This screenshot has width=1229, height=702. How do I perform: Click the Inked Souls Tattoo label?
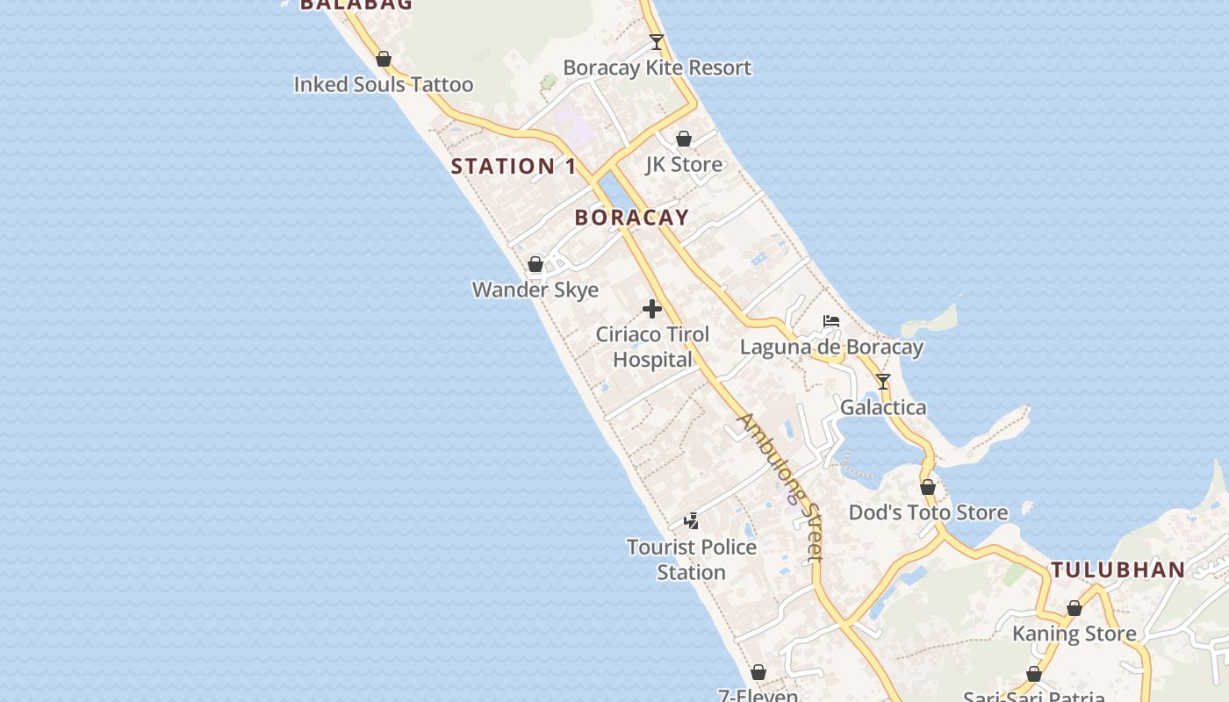(383, 85)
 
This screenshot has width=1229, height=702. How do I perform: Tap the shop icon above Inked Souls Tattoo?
(383, 60)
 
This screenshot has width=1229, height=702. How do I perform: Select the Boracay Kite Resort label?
(657, 68)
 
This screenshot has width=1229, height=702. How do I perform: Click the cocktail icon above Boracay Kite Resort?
(656, 41)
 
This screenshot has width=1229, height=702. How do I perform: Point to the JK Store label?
(684, 164)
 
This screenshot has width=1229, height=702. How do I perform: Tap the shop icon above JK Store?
(684, 139)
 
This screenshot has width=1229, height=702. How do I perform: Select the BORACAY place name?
(631, 218)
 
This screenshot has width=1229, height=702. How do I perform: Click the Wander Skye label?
(535, 290)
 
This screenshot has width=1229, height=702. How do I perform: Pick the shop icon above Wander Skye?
(535, 264)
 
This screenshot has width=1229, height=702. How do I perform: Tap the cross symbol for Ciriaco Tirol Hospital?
(652, 309)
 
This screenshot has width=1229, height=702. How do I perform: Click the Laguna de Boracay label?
(831, 347)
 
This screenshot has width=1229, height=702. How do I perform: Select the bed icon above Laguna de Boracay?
(831, 321)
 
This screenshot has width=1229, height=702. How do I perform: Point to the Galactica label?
(883, 407)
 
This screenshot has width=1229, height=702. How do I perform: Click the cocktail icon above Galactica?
(883, 382)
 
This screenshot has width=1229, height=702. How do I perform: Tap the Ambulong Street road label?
(780, 486)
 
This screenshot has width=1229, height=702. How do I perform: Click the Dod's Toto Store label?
(928, 512)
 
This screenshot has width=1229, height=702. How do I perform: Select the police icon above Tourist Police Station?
(692, 521)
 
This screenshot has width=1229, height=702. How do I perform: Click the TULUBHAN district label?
(1118, 569)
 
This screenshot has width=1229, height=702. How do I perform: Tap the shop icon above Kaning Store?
(1074, 608)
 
